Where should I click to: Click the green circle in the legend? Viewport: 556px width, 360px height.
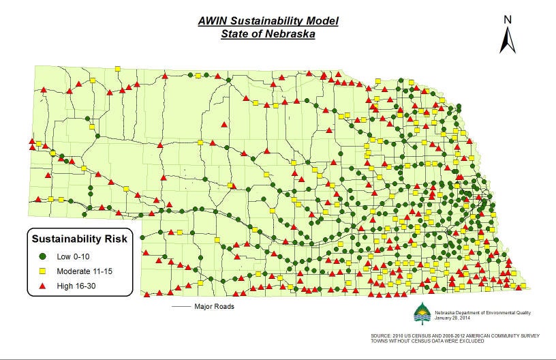pyautogui.click(x=42, y=257)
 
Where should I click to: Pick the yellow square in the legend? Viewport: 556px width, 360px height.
pyautogui.click(x=42, y=271)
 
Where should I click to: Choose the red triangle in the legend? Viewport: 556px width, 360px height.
pyautogui.click(x=42, y=286)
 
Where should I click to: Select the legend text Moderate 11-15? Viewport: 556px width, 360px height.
pyautogui.click(x=85, y=271)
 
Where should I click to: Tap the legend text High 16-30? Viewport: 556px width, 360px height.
pyautogui.click(x=77, y=286)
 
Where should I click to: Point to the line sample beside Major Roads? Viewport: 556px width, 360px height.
pyautogui.click(x=181, y=307)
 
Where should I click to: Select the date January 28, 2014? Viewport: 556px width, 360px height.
pyautogui.click(x=452, y=318)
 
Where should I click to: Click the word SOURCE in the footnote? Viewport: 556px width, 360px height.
pyautogui.click(x=382, y=336)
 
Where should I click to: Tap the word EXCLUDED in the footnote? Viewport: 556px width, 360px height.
pyautogui.click(x=480, y=341)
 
